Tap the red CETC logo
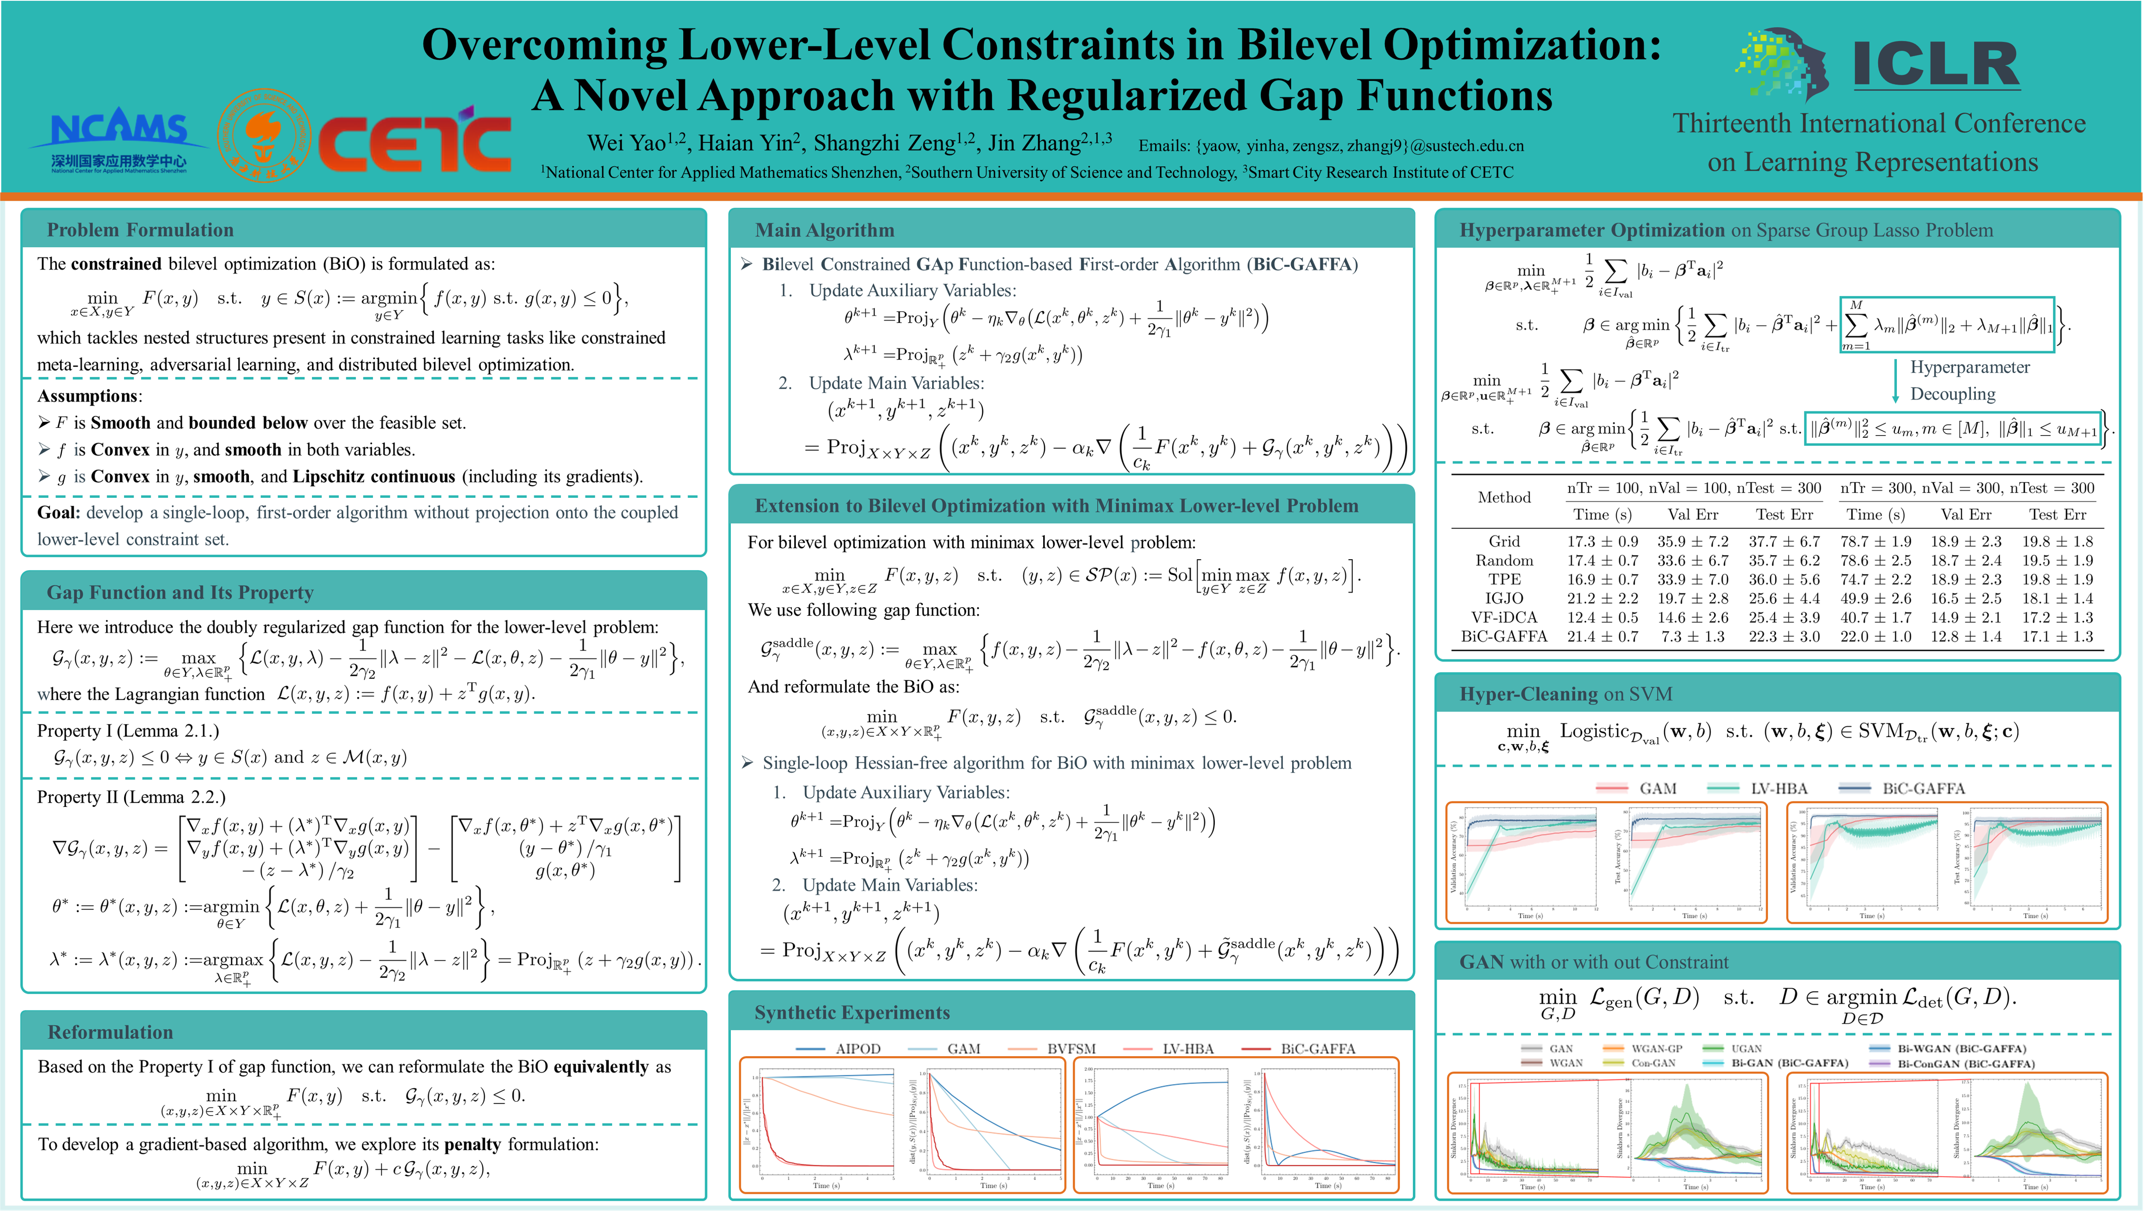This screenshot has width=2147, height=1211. click(414, 143)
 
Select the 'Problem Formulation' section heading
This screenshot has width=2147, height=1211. click(140, 230)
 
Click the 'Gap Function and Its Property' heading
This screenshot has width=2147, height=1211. click(180, 592)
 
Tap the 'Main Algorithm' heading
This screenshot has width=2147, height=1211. click(824, 230)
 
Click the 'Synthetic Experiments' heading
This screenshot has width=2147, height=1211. click(852, 1013)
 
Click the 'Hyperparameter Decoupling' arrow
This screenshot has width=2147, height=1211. click(1895, 380)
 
